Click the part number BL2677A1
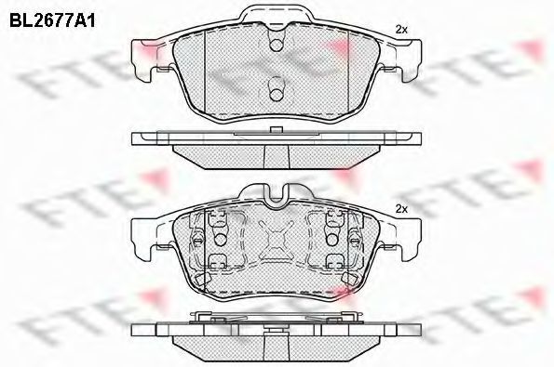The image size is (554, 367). click(x=52, y=21)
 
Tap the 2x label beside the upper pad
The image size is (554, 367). click(x=401, y=30)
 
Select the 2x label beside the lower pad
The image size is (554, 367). click(x=401, y=209)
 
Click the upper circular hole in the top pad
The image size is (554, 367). click(x=277, y=45)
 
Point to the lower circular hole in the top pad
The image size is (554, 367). click(x=277, y=94)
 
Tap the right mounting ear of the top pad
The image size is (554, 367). click(x=409, y=60)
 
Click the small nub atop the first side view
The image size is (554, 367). click(x=277, y=130)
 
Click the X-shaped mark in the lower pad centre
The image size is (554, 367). click(x=277, y=240)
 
